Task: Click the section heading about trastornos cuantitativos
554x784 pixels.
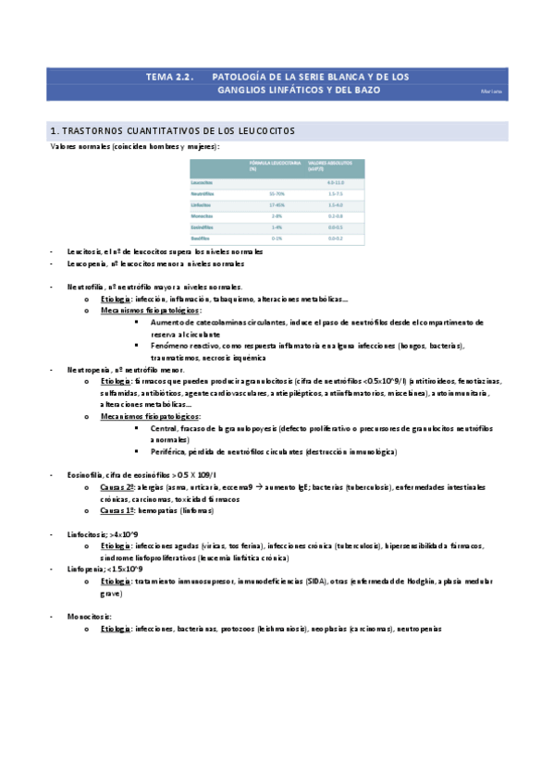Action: (172, 131)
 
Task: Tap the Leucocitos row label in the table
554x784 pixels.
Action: (203, 183)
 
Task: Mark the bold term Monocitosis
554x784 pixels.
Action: (88, 616)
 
